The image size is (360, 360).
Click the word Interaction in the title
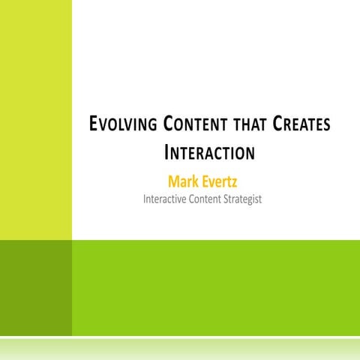(x=208, y=154)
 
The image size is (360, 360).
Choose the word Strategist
(x=244, y=199)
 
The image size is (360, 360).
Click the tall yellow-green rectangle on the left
(x=36, y=120)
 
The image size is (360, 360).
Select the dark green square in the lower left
(x=36, y=288)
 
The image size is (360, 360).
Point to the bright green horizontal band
(x=216, y=288)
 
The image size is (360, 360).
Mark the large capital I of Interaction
(x=166, y=153)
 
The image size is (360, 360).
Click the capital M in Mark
(x=175, y=181)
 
